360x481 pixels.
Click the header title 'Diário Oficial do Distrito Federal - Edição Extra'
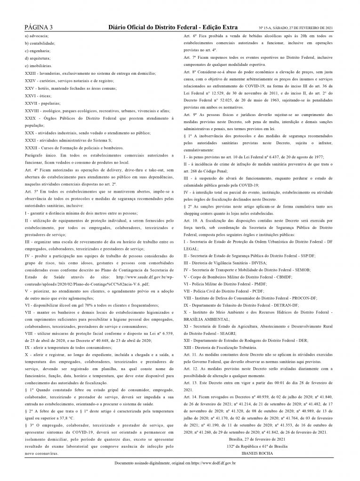[x=173, y=28]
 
